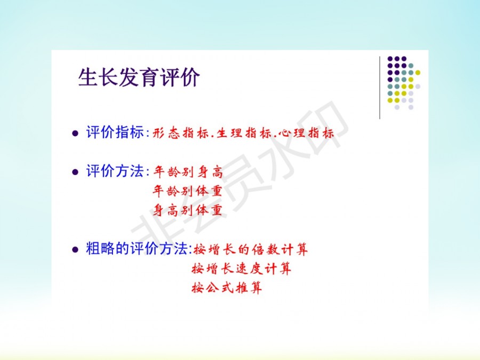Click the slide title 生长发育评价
pos(139,77)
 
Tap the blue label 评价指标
pos(115,132)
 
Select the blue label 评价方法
pos(115,171)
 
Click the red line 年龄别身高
pos(188,171)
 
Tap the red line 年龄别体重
pos(187,191)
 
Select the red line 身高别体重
pos(187,210)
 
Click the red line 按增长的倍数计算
pos(251,250)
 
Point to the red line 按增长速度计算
pos(241,269)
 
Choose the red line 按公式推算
pos(227,288)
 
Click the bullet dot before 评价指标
pos(75,133)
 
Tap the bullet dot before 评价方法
pos(75,172)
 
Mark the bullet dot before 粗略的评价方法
pos(75,249)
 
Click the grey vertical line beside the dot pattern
pos(380,87)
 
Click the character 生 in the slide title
pos(88,77)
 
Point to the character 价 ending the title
pos(190,77)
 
